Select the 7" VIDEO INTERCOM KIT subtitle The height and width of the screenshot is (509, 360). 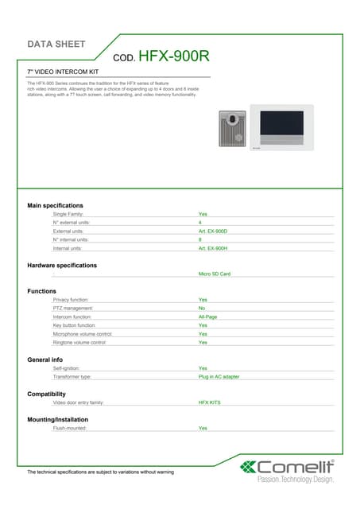(63, 72)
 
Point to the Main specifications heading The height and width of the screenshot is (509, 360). (55, 206)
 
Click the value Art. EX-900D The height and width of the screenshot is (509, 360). (213, 231)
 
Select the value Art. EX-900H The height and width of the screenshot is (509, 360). (213, 248)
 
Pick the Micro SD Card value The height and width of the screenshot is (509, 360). (214, 274)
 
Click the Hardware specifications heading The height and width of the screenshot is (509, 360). (62, 265)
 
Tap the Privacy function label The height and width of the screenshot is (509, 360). (76, 299)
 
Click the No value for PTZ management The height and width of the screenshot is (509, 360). (202, 308)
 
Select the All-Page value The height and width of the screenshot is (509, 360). (207, 317)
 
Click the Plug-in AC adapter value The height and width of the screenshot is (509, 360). (219, 376)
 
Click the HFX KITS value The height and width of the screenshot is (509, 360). (210, 402)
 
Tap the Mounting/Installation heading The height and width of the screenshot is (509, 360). (57, 419)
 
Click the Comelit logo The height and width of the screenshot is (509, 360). (288, 469)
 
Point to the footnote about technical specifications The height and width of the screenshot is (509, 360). (100, 472)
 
